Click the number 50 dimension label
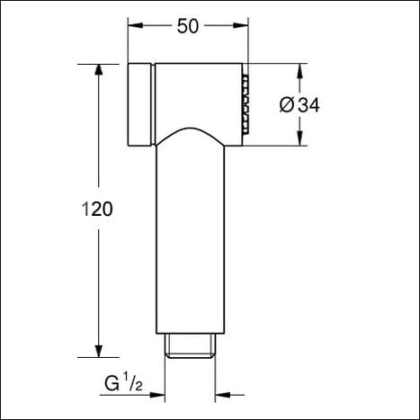tap(187, 26)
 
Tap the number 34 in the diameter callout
tap(309, 105)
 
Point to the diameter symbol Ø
tap(287, 105)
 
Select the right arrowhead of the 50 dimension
tap(242, 26)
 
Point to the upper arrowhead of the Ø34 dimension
tap(299, 70)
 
